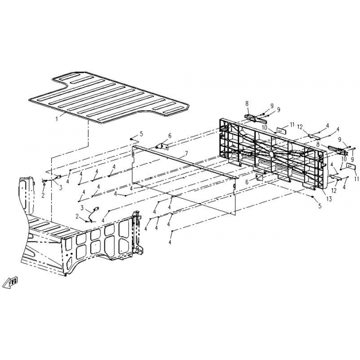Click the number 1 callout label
point(57,119)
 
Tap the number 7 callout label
point(186,153)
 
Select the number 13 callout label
point(329,199)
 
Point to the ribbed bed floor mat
point(108,97)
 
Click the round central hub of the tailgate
point(271,153)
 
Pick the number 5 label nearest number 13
point(320,206)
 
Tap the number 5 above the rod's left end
point(141,134)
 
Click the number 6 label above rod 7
point(170,136)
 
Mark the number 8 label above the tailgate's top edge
point(247,103)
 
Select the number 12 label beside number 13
point(334,190)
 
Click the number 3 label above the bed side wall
point(82,208)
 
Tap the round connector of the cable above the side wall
point(97,208)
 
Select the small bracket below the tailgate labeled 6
point(260,177)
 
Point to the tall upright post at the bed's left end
point(26,196)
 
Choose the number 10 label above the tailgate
point(265,127)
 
